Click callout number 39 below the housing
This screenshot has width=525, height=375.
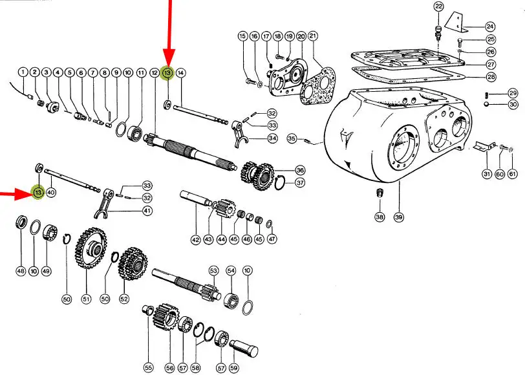(x=398, y=217)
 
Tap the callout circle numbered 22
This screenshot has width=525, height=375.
(x=438, y=6)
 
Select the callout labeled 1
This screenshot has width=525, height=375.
(x=23, y=72)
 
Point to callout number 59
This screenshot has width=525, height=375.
(x=233, y=368)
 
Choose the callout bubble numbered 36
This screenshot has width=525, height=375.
(x=301, y=171)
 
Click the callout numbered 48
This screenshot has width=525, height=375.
(x=21, y=271)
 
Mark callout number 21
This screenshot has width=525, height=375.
(x=313, y=36)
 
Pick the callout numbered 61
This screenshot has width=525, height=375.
(x=513, y=174)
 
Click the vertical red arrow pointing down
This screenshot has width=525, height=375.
(x=169, y=33)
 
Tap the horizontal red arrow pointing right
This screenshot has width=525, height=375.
(x=16, y=193)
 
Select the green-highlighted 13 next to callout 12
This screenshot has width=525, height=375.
(x=167, y=72)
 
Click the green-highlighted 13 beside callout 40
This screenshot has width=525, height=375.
(x=38, y=193)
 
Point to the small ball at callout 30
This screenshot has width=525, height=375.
(x=486, y=105)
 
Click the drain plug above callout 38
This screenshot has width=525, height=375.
(x=380, y=193)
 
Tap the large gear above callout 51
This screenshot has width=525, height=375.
(x=91, y=248)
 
